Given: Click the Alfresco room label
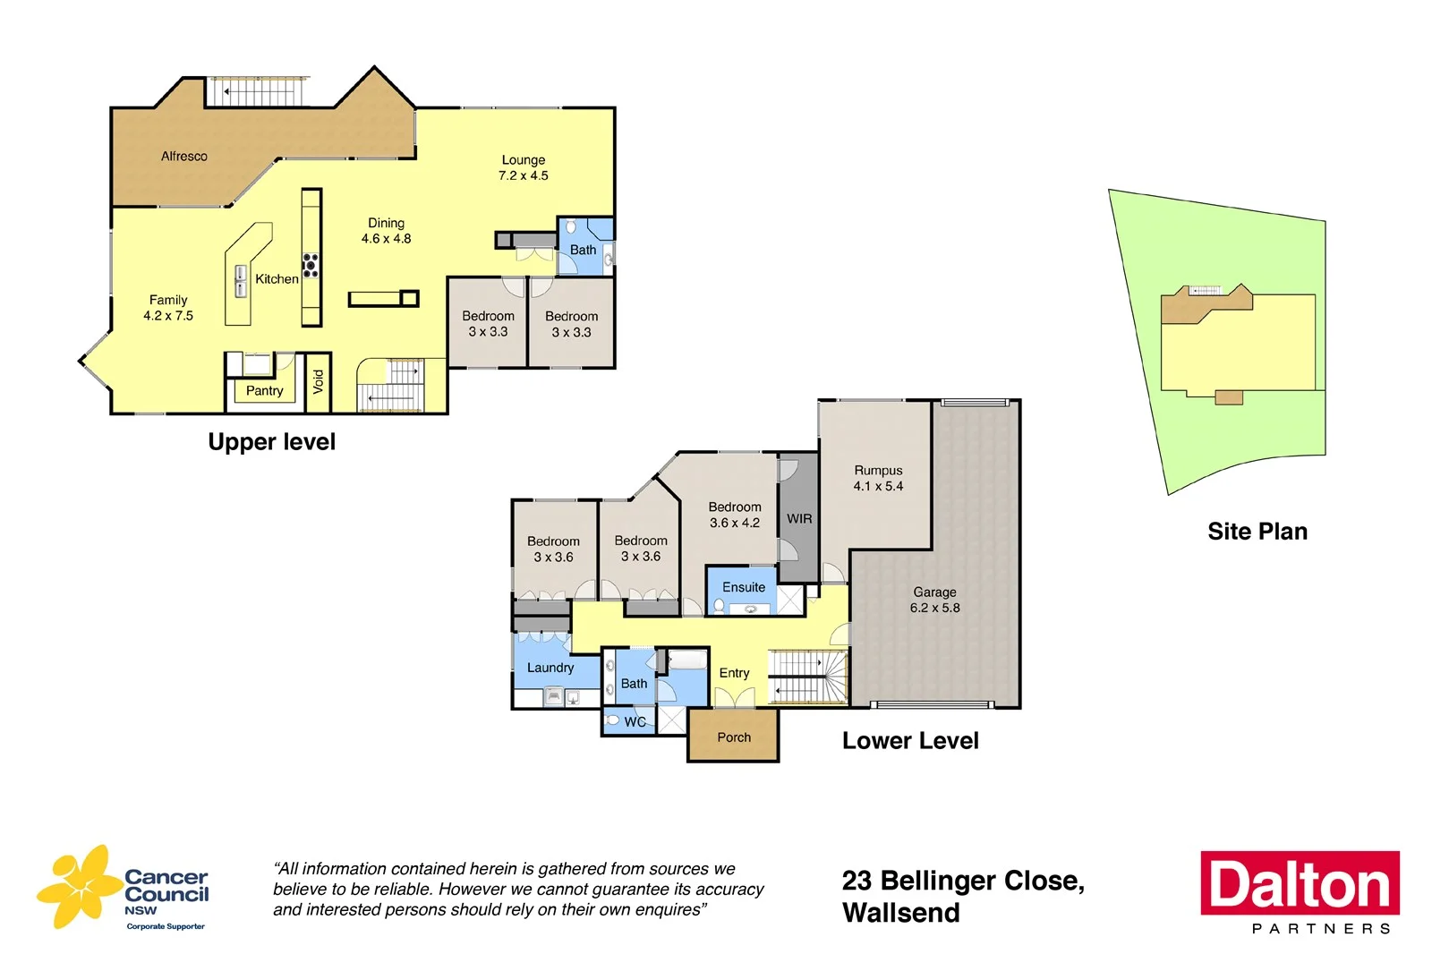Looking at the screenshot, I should coord(183,156).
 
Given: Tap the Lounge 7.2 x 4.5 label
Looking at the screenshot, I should coord(523,167).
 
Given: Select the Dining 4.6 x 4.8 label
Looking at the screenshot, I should coord(386,230).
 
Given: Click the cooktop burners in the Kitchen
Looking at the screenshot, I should coord(311,264).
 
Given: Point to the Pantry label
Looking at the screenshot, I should coord(264,390).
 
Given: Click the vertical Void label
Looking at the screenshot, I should coord(318,382).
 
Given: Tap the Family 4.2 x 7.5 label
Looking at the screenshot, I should coord(168,307).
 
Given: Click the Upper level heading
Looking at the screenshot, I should coord(271,442).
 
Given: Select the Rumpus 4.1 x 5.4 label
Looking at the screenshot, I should coord(878,478).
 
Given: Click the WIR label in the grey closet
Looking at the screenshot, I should coord(799,518).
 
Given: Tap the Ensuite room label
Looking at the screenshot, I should coord(744,587).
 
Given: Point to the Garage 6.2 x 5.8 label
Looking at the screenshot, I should coord(934,600).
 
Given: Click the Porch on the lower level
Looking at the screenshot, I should coord(734,737).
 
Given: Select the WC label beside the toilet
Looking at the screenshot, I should coord(635,721).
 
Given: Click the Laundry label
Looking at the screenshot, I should coord(550,668).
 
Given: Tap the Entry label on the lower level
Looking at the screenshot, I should coord(734,673).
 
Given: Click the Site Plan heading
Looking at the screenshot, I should coord(1257,532).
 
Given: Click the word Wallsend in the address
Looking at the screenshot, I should coord(900,913).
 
